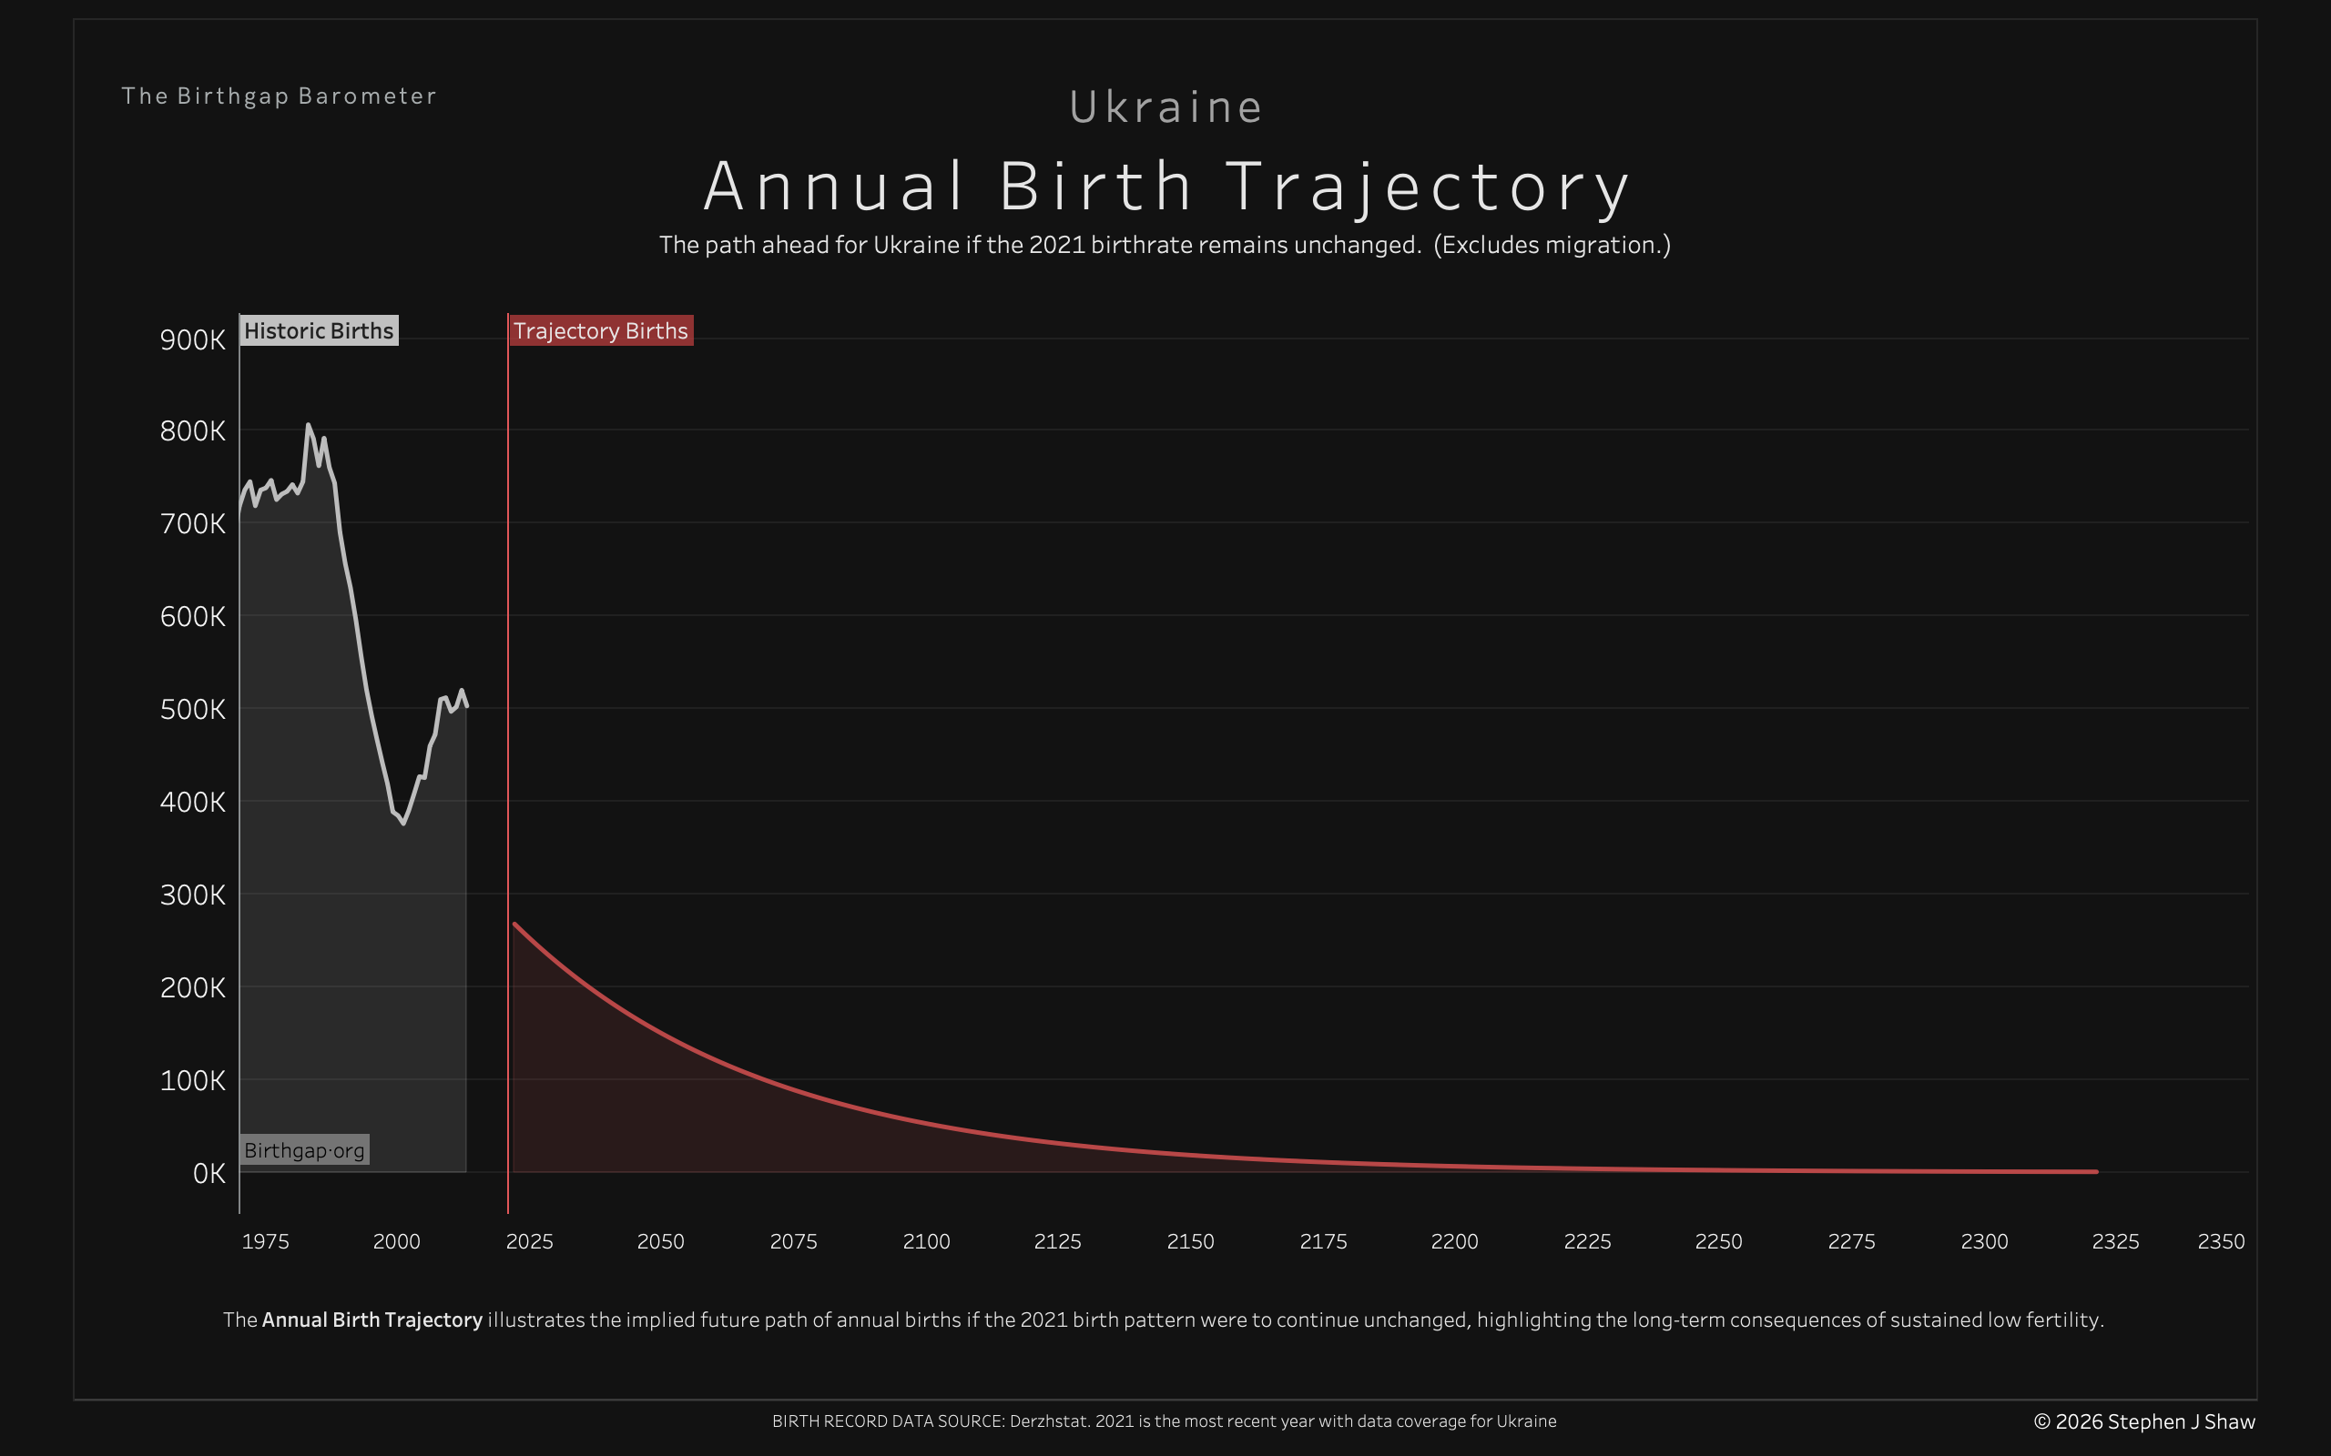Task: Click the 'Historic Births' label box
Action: coord(318,330)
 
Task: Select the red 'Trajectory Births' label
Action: coord(600,330)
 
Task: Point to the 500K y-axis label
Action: coord(193,710)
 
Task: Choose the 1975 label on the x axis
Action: coord(265,1241)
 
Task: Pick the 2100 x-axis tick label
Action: coord(926,1241)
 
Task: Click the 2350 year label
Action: coord(2220,1241)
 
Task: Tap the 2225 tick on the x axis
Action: coord(1586,1241)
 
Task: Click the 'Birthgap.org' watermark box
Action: coord(303,1149)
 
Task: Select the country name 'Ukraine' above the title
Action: coord(1165,106)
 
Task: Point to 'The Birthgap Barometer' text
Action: coord(279,96)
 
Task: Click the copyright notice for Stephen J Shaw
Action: coord(2144,1421)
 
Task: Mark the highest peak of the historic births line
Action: coord(309,425)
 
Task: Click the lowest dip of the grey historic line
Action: coord(403,824)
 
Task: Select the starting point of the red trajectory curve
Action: coord(515,925)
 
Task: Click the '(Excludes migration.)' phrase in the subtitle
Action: coord(1552,245)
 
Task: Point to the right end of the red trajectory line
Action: coord(2096,1171)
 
